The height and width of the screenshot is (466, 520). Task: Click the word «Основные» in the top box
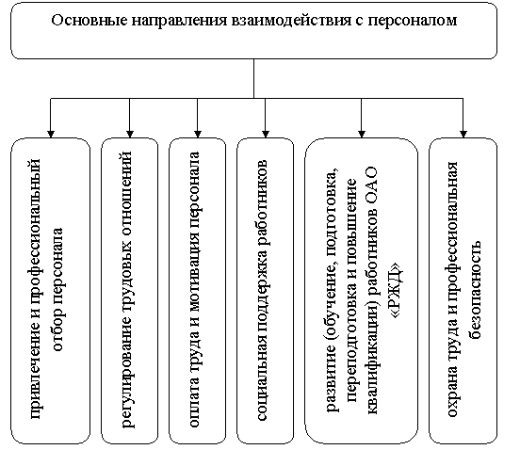pos(89,20)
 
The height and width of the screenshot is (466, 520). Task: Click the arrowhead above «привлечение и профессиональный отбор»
pos(51,134)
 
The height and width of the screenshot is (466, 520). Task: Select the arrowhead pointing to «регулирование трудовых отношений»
pos(130,134)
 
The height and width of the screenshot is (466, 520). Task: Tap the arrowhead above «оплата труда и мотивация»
pos(198,134)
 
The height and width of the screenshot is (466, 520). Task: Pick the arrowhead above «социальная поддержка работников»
pos(266,134)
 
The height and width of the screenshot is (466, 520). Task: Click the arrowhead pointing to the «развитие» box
pos(362,134)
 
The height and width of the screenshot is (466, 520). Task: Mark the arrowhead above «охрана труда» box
pos(463,134)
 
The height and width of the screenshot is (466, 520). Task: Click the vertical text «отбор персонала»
pos(59,289)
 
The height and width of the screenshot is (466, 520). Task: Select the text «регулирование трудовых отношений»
pos(129,289)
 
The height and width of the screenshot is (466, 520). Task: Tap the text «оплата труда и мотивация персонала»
pos(195,289)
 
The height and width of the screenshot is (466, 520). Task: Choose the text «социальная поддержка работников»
pos(263,290)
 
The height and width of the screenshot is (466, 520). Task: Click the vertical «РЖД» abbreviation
pos(397,290)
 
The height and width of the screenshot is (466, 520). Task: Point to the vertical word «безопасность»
pos(475,289)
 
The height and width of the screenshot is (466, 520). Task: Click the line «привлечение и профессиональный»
pos(36,289)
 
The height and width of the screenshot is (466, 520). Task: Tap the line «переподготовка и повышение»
pos(351,290)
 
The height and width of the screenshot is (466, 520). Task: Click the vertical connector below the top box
pos(254,78)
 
